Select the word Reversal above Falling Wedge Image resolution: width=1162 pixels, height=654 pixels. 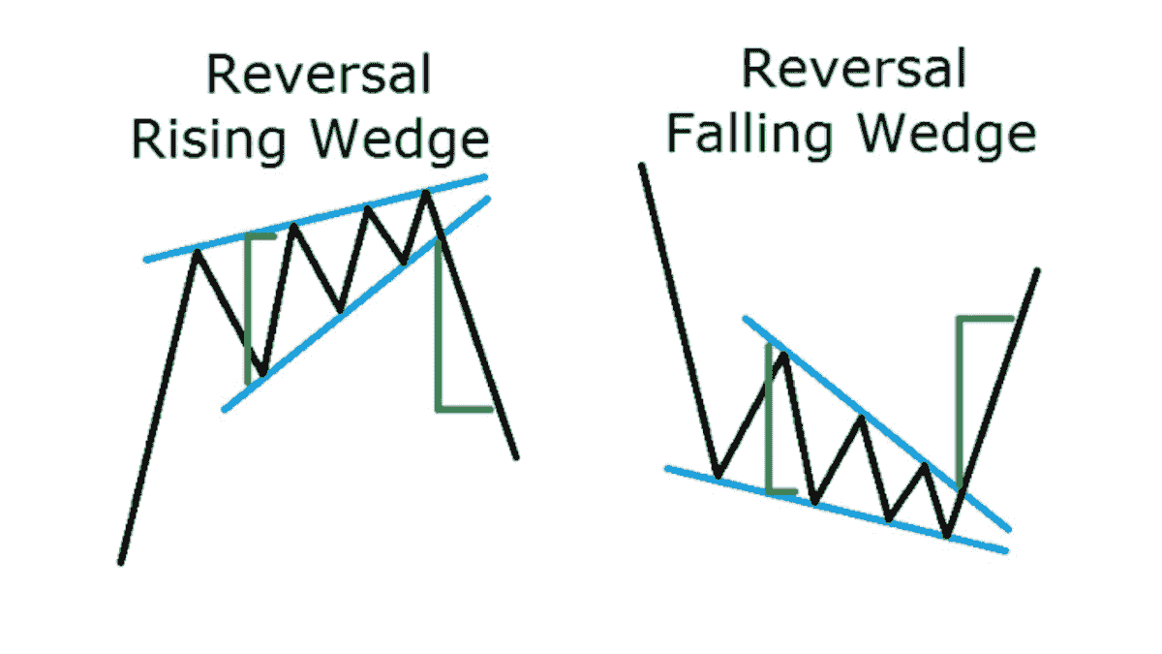pos(853,70)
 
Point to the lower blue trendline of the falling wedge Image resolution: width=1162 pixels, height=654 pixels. pos(833,509)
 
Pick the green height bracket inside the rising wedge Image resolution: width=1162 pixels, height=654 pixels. pos(249,300)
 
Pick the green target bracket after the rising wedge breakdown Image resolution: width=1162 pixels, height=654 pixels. pos(439,329)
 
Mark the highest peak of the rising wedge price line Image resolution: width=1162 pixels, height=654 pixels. pos(425,193)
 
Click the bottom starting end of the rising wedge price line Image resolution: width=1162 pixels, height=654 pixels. pos(120,561)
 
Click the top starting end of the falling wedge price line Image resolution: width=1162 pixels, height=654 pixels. pos(640,167)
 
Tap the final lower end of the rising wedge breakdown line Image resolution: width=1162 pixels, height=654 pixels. pos(516,456)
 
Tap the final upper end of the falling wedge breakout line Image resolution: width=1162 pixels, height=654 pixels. pos(1037,270)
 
